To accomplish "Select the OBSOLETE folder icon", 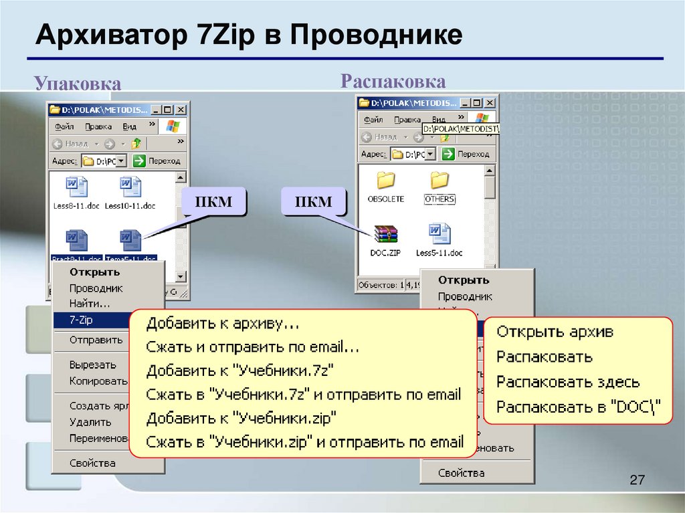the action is (x=386, y=180).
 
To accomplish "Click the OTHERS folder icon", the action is (x=439, y=180).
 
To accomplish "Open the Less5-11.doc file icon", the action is (x=439, y=233).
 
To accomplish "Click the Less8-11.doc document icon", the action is (x=76, y=187).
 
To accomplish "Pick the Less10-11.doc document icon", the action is (x=130, y=187).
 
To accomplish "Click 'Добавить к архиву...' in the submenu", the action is (x=223, y=324).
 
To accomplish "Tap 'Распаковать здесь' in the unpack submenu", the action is (x=567, y=382).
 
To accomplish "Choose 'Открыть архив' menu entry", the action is (x=555, y=332).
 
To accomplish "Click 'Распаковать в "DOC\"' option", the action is (x=578, y=407).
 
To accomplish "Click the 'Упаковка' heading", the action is (x=78, y=84).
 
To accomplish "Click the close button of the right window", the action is (x=490, y=102).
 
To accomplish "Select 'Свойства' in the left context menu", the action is (x=92, y=463).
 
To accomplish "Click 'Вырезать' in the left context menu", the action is (x=92, y=365).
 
